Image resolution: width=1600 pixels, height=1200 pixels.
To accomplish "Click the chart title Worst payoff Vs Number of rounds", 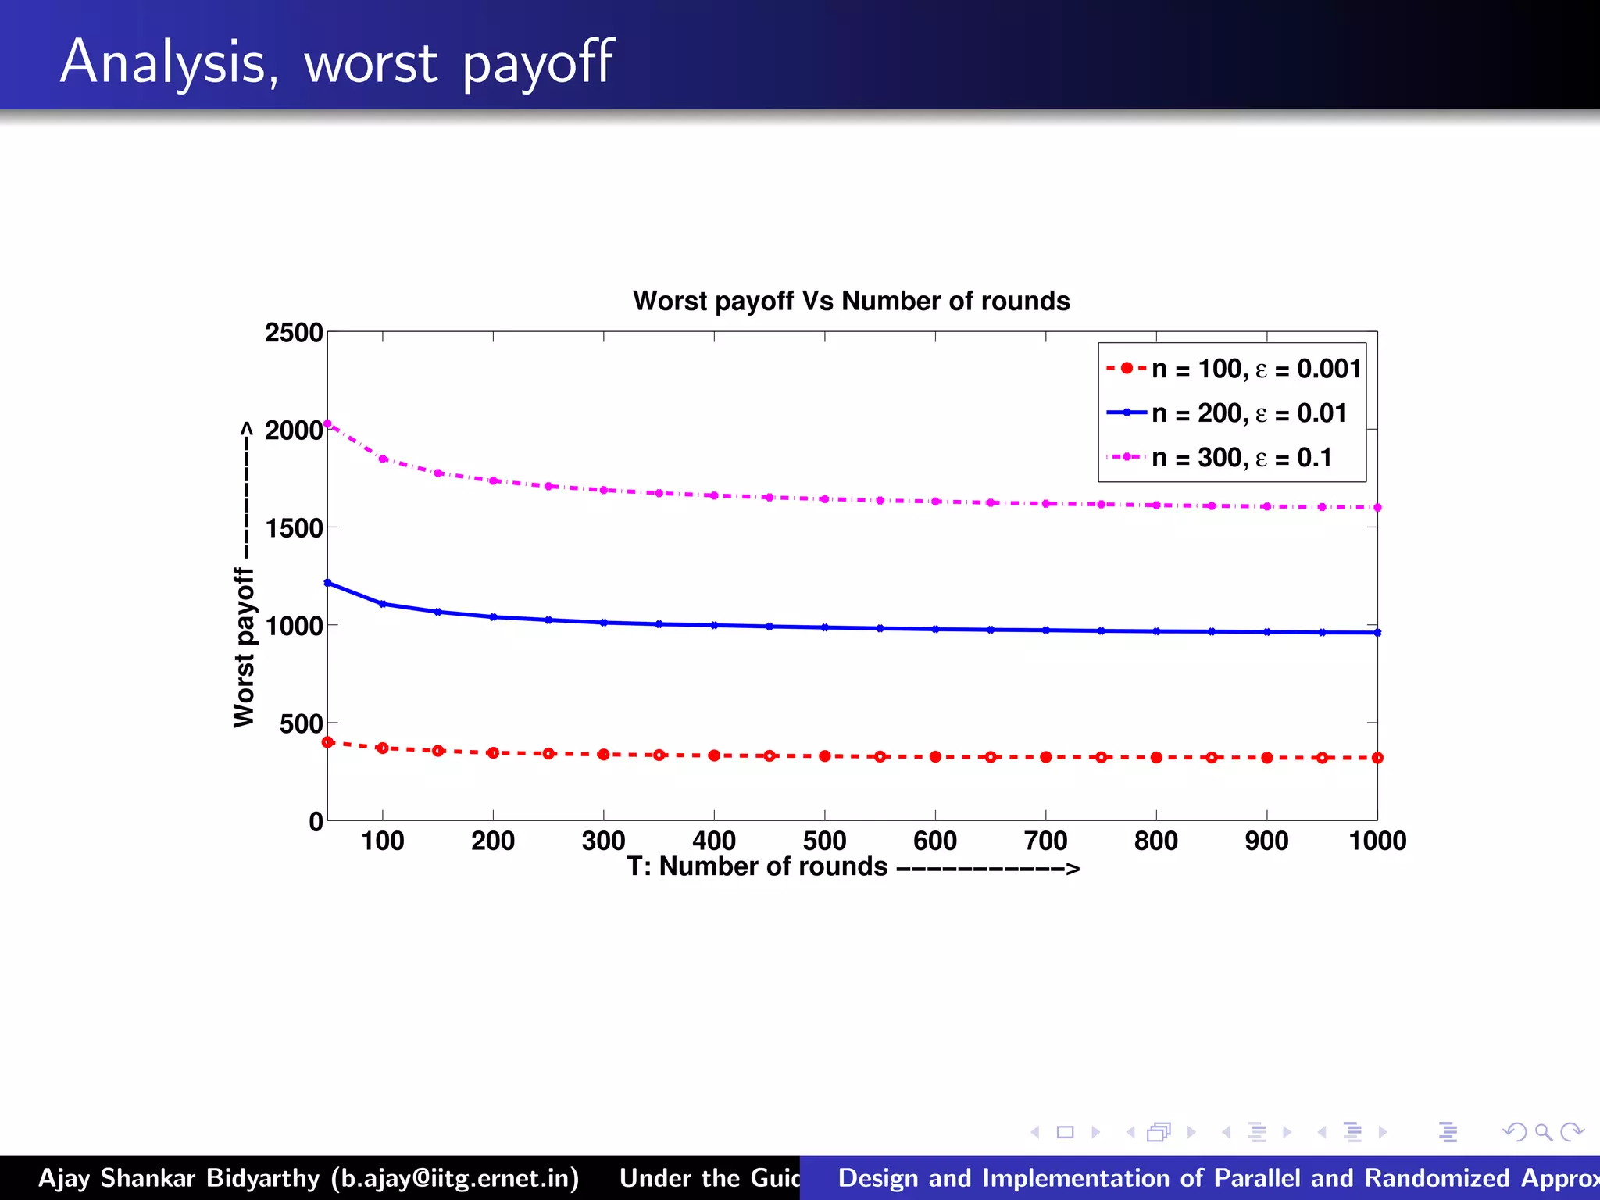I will [851, 301].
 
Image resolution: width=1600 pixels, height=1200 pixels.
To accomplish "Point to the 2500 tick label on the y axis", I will [294, 333].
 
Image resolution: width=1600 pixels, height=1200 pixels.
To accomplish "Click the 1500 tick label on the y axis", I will [294, 528].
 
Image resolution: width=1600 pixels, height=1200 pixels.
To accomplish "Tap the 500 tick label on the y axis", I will [301, 723].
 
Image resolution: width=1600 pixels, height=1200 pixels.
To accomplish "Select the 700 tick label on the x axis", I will [1045, 841].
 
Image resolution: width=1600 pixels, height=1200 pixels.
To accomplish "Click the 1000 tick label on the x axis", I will [1377, 841].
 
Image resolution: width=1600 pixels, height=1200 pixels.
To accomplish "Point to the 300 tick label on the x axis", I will [603, 841].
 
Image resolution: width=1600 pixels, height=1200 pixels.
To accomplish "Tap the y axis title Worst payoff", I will [244, 648].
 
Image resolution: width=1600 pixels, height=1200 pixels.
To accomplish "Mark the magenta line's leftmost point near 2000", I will [327, 424].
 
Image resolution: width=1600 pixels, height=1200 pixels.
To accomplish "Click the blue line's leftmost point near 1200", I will [327, 583].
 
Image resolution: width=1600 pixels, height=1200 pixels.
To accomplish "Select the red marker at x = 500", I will [825, 755].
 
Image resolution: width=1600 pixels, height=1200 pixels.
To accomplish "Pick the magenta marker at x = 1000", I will [1377, 508].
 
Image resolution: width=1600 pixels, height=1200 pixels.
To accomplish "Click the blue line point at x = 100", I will [383, 604].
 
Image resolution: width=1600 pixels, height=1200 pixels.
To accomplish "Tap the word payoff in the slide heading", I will [538, 62].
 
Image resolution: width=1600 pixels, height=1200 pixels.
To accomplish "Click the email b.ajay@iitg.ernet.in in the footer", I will [455, 1178].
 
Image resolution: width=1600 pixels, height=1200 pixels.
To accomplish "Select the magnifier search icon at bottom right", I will [1543, 1132].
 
